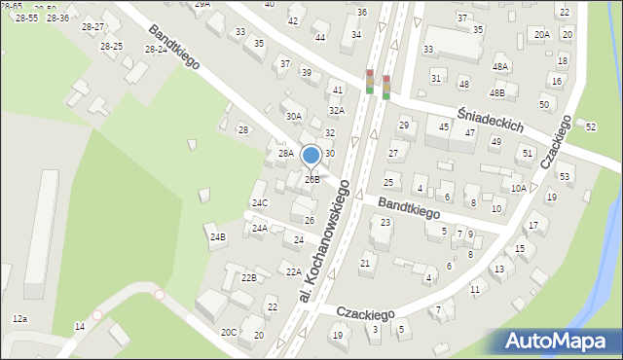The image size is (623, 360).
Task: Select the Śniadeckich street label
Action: click(x=492, y=118)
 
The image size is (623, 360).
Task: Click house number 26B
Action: click(x=311, y=179)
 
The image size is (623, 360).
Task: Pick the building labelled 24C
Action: click(x=260, y=202)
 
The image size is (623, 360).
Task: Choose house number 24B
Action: click(x=218, y=236)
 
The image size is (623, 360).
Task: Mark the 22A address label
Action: click(x=293, y=271)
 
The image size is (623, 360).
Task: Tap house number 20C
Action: click(x=229, y=332)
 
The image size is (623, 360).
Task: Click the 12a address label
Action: click(x=19, y=318)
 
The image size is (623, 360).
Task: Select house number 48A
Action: click(x=500, y=66)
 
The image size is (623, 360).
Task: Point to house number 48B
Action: click(x=496, y=93)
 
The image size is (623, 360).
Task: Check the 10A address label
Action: click(x=519, y=189)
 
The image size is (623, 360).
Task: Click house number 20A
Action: click(x=542, y=35)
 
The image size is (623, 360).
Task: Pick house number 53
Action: click(x=564, y=176)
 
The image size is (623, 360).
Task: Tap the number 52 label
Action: click(x=591, y=126)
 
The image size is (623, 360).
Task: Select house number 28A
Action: click(x=285, y=153)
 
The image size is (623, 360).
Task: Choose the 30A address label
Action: click(x=293, y=116)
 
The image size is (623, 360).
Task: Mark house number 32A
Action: click(x=336, y=110)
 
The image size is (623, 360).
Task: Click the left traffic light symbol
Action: click(x=370, y=83)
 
